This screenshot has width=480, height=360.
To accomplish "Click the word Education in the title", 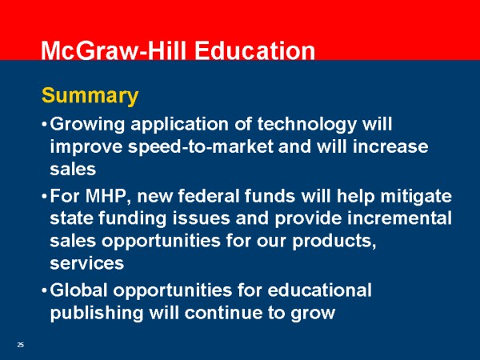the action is (254, 50).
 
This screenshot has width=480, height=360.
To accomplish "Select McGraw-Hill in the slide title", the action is (114, 50).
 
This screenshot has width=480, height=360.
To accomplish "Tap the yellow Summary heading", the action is (90, 96).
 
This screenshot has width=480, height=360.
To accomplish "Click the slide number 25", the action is (21, 345).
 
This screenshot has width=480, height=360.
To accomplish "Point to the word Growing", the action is (87, 126).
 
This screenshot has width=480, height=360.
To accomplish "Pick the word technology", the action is (306, 126).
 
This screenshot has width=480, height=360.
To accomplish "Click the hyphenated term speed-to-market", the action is (201, 147).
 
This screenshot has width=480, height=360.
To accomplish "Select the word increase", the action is (390, 146).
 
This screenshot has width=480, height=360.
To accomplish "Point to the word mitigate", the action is (416, 197).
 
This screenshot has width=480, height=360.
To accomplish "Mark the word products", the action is (334, 242).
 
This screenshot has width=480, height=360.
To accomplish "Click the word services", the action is (87, 263).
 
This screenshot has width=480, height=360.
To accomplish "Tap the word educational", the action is (319, 290).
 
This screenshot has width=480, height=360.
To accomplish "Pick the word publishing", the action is (97, 314).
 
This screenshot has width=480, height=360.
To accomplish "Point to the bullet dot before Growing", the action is (44, 125).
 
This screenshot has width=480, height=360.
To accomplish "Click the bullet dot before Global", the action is (44, 290).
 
